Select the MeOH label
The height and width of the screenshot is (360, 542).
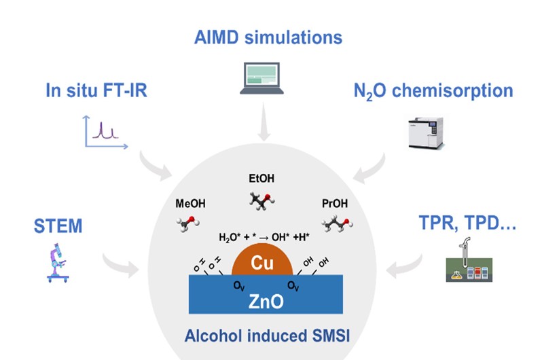point(190,203)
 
